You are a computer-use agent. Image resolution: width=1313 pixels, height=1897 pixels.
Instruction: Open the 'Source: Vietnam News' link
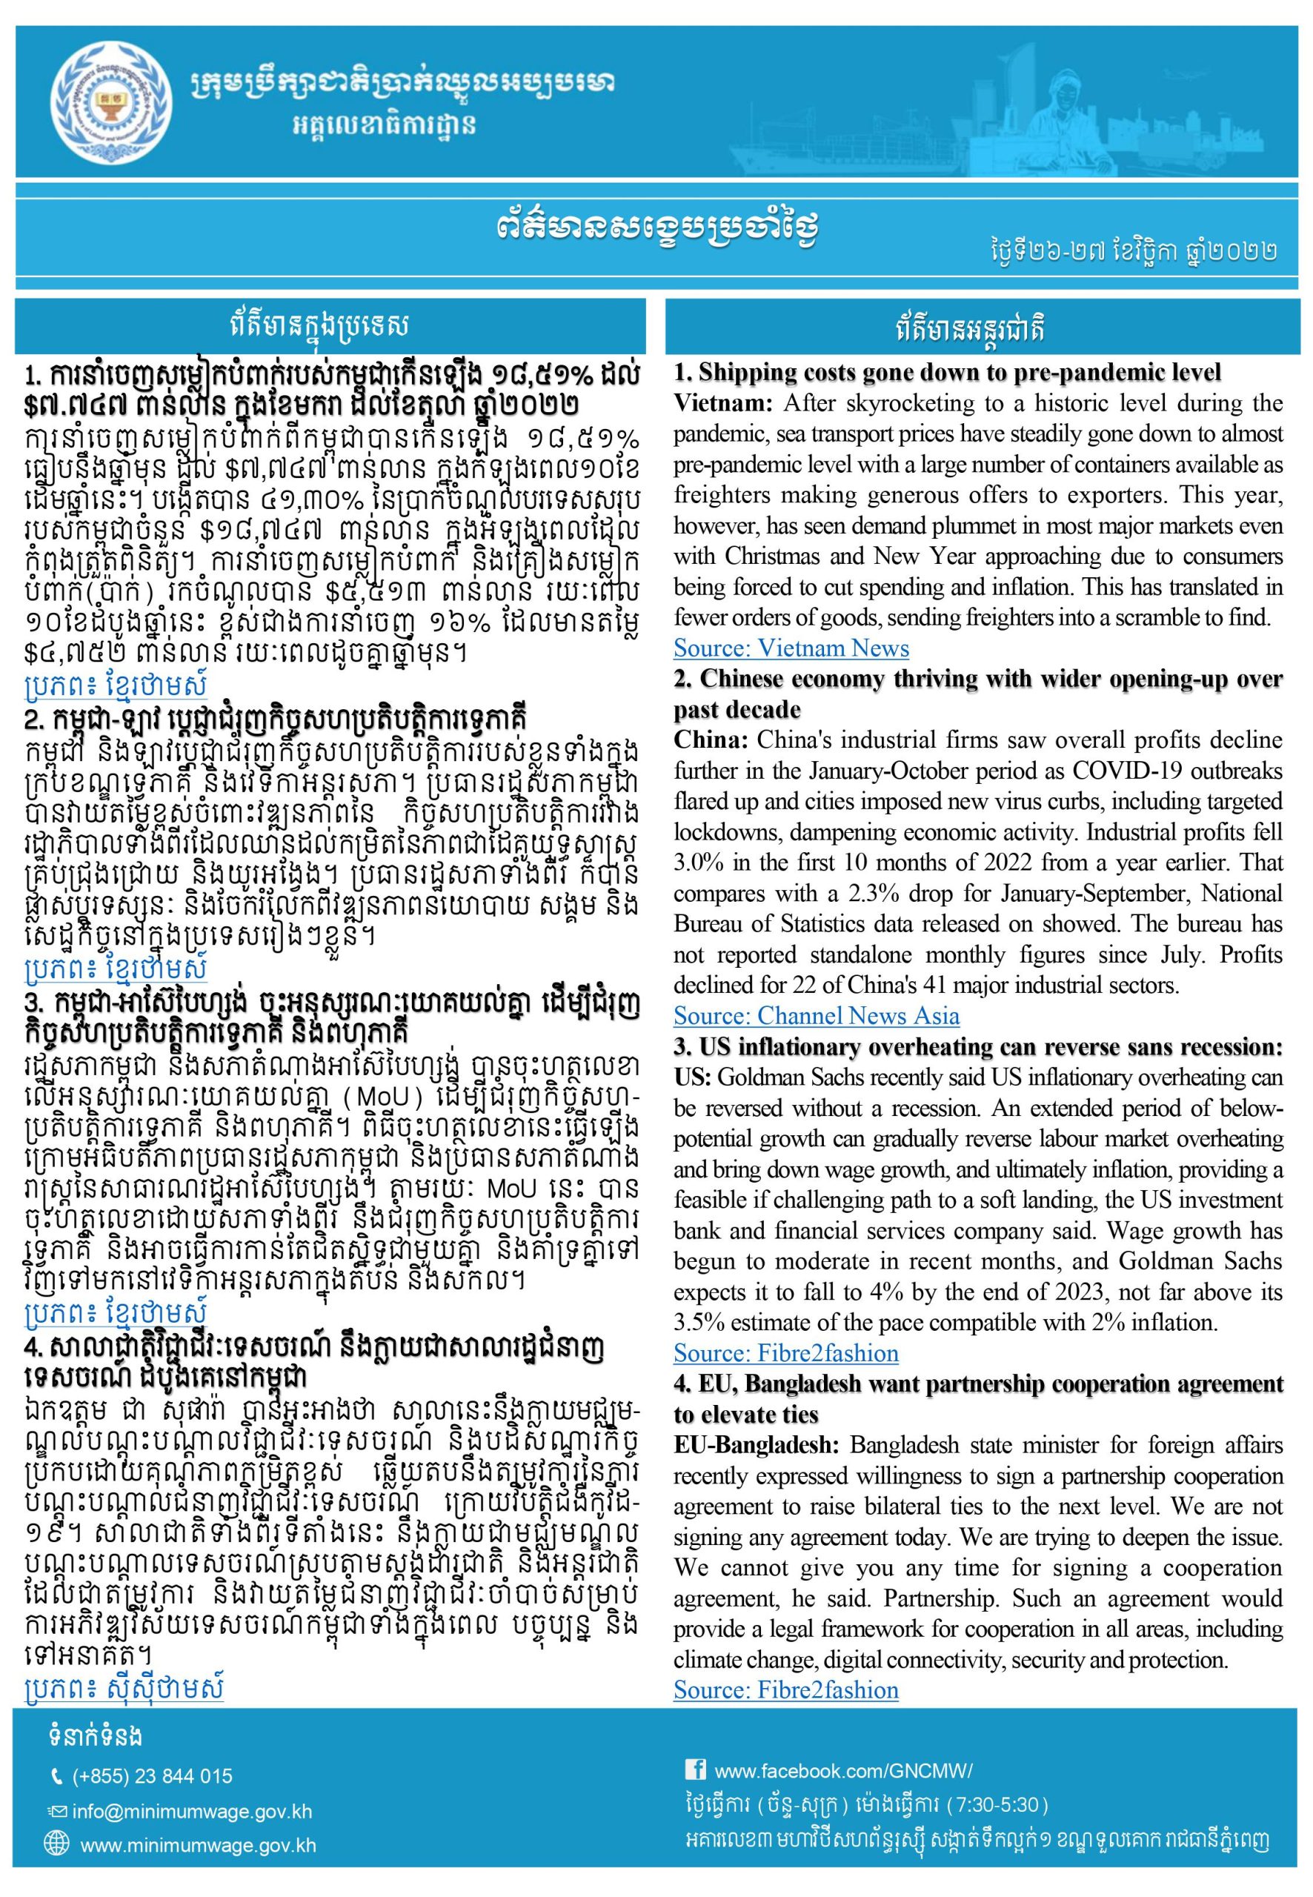point(791,648)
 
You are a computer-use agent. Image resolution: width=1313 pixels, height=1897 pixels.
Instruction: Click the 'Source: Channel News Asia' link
point(816,1016)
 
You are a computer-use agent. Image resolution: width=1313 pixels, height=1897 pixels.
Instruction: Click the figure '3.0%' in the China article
point(696,863)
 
